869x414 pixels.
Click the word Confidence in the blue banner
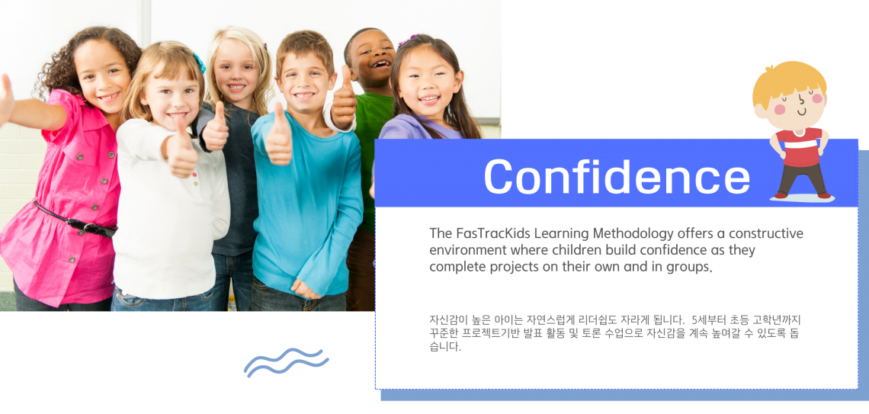[617, 175]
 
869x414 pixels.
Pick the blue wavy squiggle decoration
[286, 362]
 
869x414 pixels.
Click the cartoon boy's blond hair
[790, 80]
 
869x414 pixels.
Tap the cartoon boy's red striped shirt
[799, 147]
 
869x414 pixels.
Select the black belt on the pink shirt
[74, 220]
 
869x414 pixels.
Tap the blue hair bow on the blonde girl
[200, 63]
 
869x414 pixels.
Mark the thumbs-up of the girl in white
[181, 148]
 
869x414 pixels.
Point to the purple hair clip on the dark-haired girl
[407, 40]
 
